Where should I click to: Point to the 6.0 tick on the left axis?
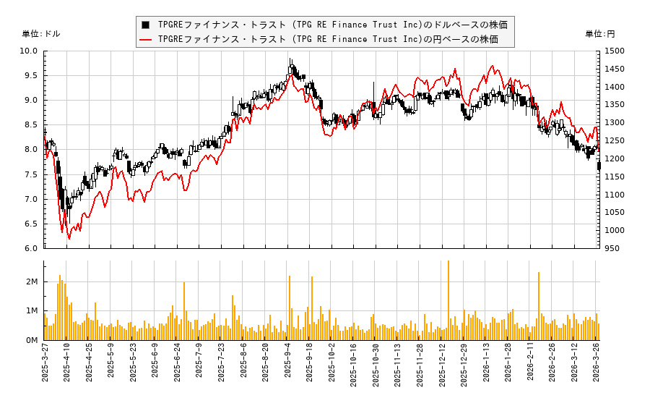tap(31, 248)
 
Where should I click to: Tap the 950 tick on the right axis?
tap(613, 248)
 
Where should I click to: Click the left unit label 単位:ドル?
tap(41, 34)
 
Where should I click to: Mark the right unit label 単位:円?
tap(600, 34)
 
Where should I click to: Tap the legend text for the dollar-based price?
tap(332, 25)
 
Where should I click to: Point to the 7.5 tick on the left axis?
tap(31, 174)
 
